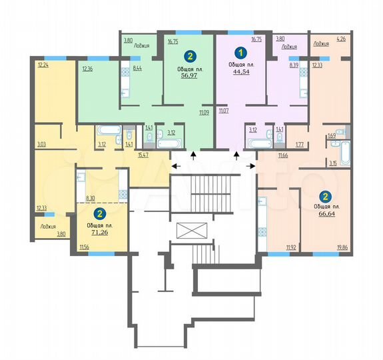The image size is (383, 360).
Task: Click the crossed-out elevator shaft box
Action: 191,231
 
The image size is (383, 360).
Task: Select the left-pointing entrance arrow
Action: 176,165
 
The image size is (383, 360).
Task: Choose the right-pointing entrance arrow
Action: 252,165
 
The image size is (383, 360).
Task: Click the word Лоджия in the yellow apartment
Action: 47,226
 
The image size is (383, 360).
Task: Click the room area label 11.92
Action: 291,248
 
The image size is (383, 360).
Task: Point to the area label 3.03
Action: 41,143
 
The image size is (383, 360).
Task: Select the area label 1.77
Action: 300,143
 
